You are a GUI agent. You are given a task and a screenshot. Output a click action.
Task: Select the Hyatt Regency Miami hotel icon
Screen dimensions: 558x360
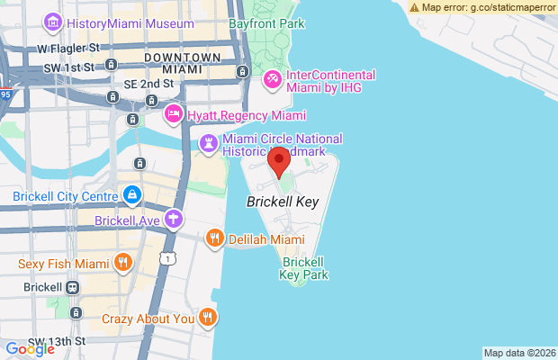pyautogui.click(x=174, y=115)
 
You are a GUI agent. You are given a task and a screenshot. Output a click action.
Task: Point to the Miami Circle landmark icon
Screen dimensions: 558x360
pyautogui.click(x=209, y=144)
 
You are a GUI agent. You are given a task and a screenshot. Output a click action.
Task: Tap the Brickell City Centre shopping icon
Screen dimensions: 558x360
pyautogui.click(x=132, y=194)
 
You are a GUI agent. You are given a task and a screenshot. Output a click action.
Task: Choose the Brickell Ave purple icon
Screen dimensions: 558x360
pyautogui.click(x=174, y=220)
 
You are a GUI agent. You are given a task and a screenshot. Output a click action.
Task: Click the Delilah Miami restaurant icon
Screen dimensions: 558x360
pyautogui.click(x=214, y=239)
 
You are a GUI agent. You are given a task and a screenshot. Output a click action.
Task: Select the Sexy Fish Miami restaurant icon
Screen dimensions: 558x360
pyautogui.click(x=123, y=264)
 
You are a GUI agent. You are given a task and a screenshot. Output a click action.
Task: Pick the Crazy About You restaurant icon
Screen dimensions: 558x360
pyautogui.click(x=208, y=318)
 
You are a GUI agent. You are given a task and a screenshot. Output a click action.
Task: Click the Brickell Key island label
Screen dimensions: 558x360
pyautogui.click(x=283, y=202)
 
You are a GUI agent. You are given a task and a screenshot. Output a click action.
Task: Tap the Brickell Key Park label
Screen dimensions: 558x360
pyautogui.click(x=304, y=268)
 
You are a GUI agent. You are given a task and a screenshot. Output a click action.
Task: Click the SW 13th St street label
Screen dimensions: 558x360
pyautogui.click(x=57, y=342)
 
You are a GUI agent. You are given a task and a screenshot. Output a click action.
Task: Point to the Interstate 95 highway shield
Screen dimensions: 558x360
pyautogui.click(x=5, y=93)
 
